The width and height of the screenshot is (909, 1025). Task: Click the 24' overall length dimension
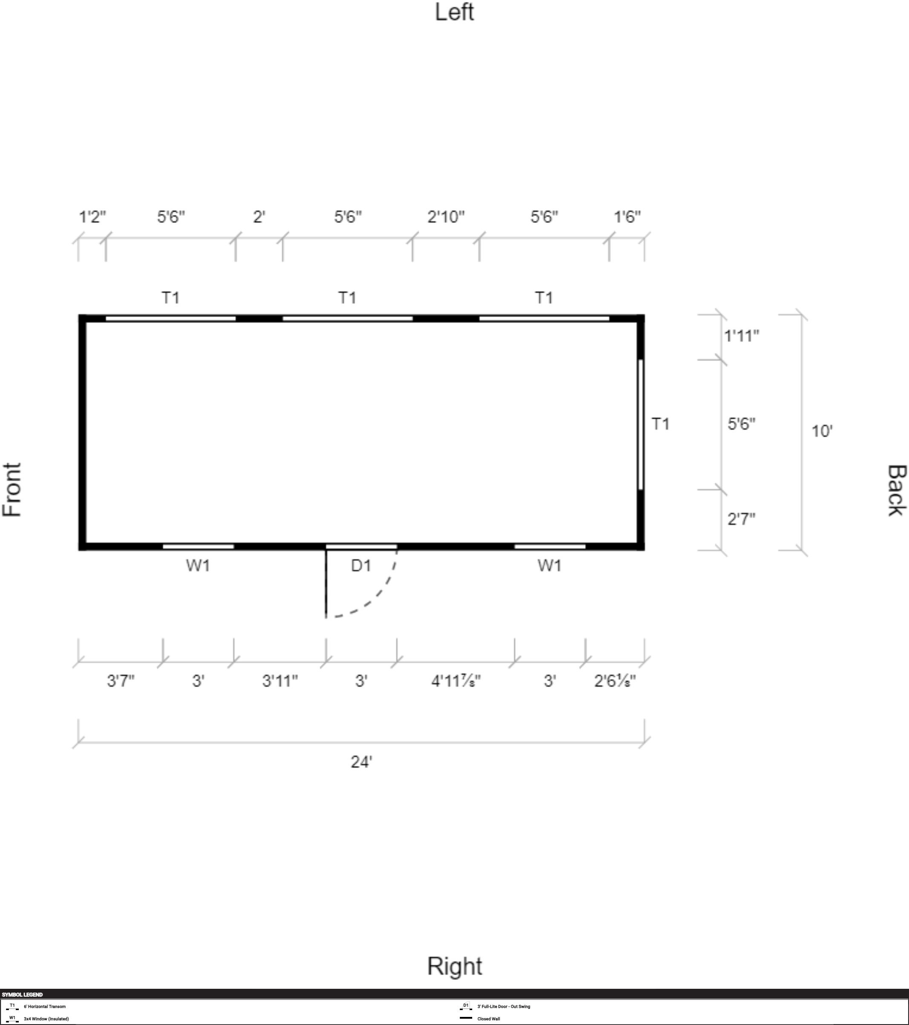tap(361, 762)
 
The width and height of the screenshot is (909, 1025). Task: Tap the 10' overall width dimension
tap(822, 431)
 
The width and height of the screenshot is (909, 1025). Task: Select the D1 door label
tap(361, 566)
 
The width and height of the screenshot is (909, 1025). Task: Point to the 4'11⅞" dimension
tap(456, 681)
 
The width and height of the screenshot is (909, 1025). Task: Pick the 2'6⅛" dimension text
tap(615, 681)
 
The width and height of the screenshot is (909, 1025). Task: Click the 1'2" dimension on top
tap(93, 217)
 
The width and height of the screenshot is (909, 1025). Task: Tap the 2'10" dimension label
tap(446, 217)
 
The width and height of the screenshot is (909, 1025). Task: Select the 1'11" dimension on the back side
tap(742, 335)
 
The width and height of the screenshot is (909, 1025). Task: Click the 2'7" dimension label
tap(742, 519)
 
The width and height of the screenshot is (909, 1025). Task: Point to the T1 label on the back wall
tap(660, 424)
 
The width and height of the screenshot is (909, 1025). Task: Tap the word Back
tap(897, 491)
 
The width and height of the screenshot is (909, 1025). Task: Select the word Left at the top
tap(454, 12)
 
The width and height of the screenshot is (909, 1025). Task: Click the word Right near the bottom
tap(454, 966)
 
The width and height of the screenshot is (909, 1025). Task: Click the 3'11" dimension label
tap(280, 681)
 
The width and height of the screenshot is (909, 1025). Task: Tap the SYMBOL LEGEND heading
tap(23, 994)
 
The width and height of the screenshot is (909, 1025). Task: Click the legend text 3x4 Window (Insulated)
tap(46, 1019)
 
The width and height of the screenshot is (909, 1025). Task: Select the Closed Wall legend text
tap(488, 1019)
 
